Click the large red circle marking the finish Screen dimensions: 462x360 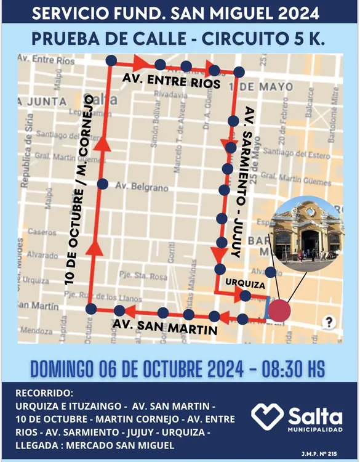279,310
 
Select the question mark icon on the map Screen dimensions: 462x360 330,322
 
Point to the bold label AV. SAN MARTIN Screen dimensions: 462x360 164,327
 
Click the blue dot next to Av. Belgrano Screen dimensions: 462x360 103,184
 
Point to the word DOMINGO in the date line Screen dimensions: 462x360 63,369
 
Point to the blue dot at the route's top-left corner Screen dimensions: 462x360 111,60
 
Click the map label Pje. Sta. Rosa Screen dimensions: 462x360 143,277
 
